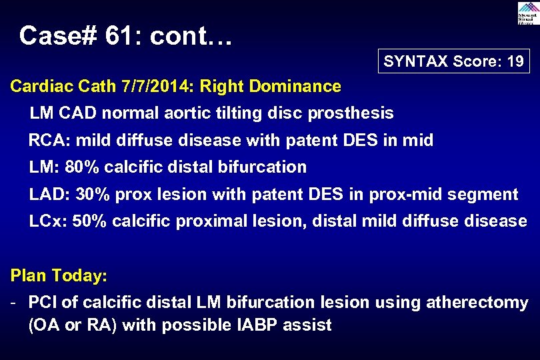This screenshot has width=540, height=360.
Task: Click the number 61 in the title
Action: point(121,35)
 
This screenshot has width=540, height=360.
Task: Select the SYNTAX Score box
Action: point(453,62)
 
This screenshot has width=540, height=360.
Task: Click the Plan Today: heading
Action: point(58,275)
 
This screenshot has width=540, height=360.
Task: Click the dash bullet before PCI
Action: point(14,303)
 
